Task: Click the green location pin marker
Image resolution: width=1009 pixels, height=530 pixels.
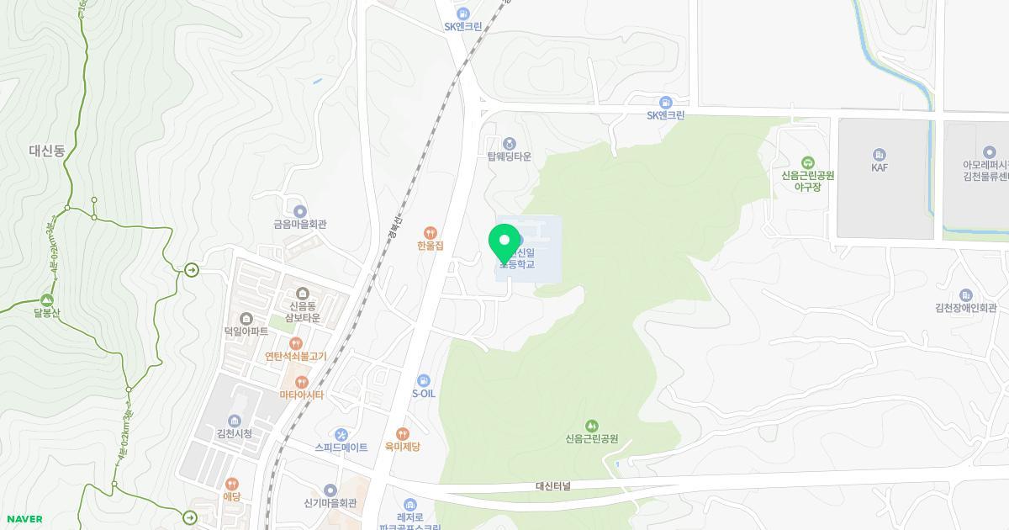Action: [504, 243]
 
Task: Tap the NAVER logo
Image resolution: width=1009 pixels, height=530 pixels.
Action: [24, 519]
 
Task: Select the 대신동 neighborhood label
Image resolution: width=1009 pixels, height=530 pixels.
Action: [47, 151]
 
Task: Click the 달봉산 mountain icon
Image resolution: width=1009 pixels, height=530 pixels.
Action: [47, 300]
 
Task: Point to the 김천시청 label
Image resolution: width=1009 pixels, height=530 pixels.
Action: [234, 434]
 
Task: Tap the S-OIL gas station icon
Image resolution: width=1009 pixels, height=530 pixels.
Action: [424, 381]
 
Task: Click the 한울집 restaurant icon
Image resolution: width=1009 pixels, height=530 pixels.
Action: [430, 232]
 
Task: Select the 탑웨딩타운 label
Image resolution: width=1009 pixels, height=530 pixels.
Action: [510, 156]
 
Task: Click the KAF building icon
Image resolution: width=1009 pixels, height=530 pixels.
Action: [880, 154]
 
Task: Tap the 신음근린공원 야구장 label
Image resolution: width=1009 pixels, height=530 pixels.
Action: [807, 181]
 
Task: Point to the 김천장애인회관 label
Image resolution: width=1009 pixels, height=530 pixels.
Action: [965, 308]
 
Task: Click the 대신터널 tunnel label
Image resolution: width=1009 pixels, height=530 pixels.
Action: [553, 486]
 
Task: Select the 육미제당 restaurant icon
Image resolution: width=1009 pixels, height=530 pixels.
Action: [403, 434]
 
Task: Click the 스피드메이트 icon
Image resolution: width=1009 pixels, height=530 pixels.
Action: [341, 434]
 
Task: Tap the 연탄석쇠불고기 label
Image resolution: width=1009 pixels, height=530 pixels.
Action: [295, 357]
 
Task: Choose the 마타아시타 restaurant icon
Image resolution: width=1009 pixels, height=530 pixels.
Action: [301, 382]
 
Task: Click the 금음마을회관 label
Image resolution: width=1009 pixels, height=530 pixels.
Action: [299, 225]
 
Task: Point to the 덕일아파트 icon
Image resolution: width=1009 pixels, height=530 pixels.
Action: [246, 319]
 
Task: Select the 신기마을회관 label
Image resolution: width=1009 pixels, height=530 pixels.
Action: [330, 503]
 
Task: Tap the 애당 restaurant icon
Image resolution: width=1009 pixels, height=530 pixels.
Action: [231, 484]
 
